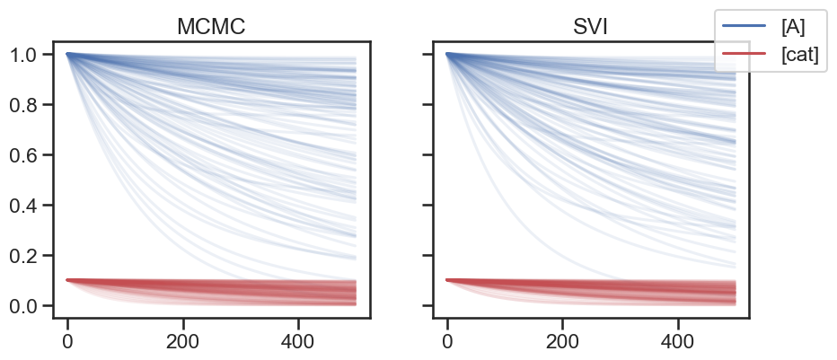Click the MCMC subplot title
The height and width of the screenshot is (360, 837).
click(x=211, y=27)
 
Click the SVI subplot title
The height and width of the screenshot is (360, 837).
click(x=591, y=27)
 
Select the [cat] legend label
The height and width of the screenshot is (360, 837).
click(x=800, y=56)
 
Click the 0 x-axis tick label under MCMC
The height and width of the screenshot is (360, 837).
click(x=67, y=342)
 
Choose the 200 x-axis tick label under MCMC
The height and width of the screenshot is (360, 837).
click(x=183, y=342)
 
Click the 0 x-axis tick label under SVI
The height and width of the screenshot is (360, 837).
click(x=447, y=342)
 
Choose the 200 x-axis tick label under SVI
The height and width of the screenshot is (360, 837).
click(x=562, y=342)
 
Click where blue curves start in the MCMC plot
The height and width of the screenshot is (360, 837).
click(x=68, y=54)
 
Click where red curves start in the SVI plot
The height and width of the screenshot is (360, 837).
click(x=448, y=280)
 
